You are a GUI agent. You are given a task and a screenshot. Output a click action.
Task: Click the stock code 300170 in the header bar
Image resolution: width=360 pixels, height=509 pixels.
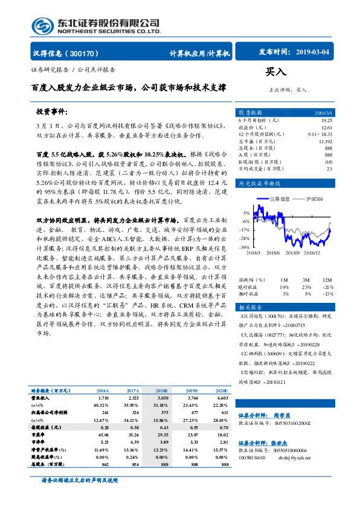(87, 53)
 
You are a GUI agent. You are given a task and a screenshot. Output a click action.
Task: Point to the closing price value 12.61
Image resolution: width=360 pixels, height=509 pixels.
(326, 128)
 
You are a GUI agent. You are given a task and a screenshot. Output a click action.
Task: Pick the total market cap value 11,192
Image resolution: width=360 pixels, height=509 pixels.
(325, 141)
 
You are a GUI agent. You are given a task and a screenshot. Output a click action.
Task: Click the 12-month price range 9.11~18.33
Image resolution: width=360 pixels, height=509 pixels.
(320, 134)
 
